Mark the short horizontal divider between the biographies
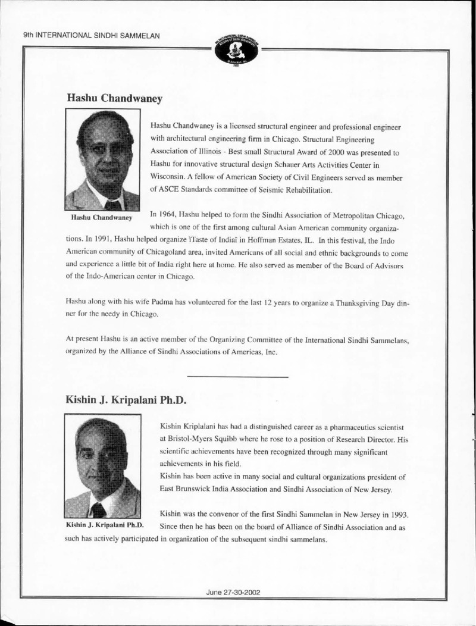coord(237,377)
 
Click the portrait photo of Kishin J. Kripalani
coord(102,467)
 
